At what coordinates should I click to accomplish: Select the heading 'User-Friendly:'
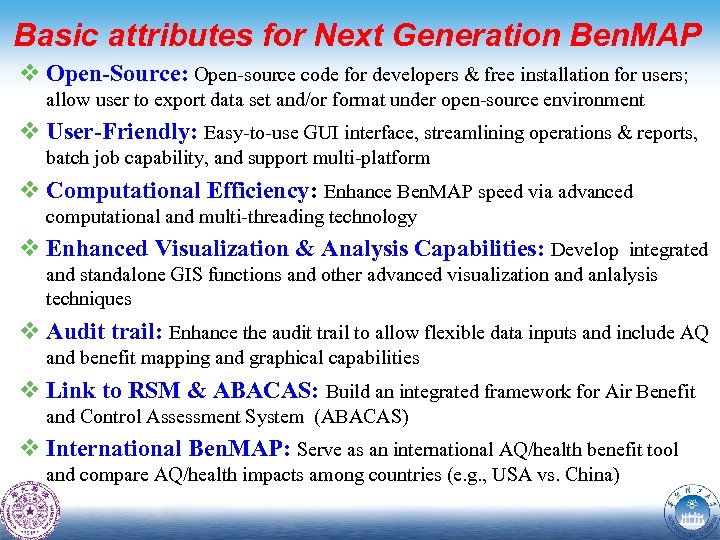(123, 132)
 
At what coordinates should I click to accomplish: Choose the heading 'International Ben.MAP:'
(170, 449)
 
